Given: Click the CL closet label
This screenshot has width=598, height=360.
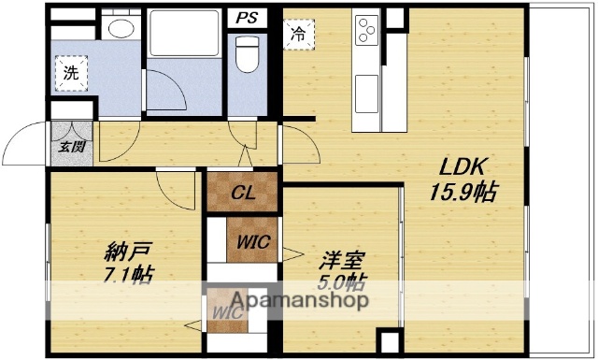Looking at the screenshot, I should pyautogui.click(x=243, y=194).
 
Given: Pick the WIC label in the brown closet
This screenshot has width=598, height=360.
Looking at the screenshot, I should pyautogui.click(x=252, y=241).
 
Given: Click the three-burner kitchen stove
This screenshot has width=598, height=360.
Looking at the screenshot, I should pyautogui.click(x=366, y=32).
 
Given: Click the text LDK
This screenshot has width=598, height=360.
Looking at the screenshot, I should pyautogui.click(x=461, y=168).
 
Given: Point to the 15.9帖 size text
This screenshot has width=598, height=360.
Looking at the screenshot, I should pyautogui.click(x=464, y=194).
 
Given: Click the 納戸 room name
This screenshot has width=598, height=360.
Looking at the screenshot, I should pyautogui.click(x=123, y=251).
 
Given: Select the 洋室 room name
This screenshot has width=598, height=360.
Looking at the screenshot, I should pyautogui.click(x=340, y=260).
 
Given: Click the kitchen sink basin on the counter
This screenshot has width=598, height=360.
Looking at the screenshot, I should pyautogui.click(x=366, y=94).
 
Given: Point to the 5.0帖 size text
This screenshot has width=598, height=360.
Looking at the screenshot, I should pyautogui.click(x=341, y=282).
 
